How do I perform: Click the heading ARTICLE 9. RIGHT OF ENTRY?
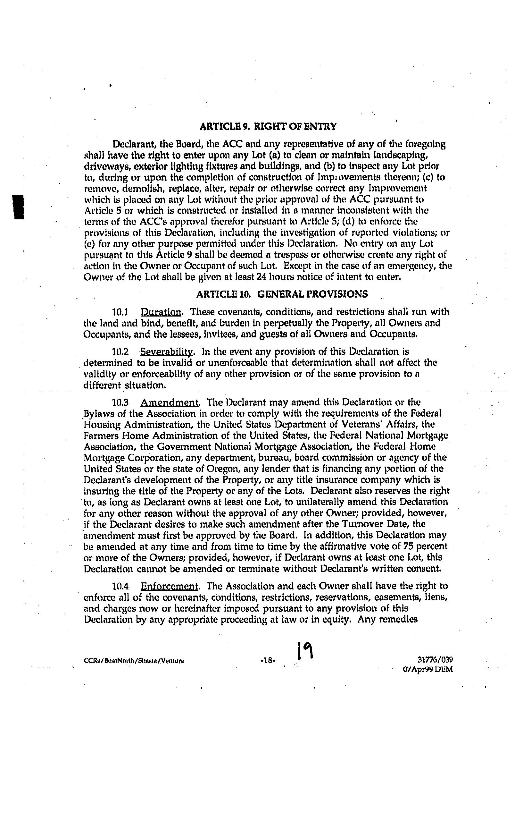[x=268, y=127]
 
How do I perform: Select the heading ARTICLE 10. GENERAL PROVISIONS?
[x=282, y=294]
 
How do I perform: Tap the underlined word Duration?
[x=161, y=312]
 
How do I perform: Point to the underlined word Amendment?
[x=169, y=403]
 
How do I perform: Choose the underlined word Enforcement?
[x=169, y=587]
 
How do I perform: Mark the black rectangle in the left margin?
[x=18, y=207]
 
